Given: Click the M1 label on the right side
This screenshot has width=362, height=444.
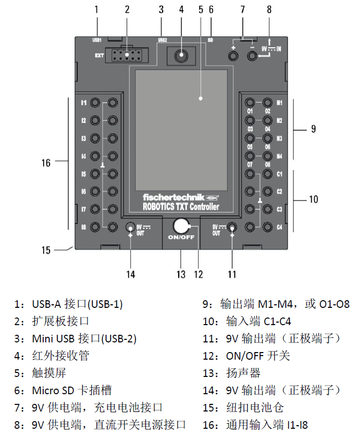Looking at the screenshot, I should [x=279, y=103].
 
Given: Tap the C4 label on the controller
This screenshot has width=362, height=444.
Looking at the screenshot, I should [x=279, y=227].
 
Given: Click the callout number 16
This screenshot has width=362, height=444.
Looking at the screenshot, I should [x=46, y=163].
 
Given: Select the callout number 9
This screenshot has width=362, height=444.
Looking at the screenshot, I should [x=313, y=129].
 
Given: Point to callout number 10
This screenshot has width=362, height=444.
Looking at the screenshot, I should [x=313, y=199].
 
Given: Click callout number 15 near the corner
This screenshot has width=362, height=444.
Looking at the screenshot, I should [x=46, y=250].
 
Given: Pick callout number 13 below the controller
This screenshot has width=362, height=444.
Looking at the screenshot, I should [x=181, y=274].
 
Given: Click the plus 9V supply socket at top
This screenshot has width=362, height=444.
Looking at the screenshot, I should [x=234, y=55].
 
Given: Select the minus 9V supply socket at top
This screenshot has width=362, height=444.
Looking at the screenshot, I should [x=252, y=55].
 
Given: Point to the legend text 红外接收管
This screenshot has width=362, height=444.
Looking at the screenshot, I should [x=60, y=356].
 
